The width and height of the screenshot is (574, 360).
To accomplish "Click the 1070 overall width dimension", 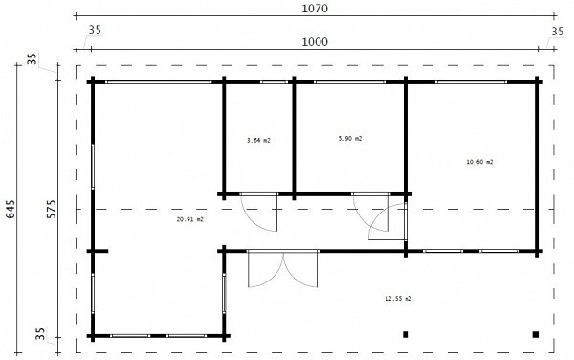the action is (x=315, y=8).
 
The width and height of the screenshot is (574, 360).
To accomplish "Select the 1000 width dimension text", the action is (x=315, y=42).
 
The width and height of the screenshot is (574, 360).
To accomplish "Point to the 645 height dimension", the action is (x=11, y=209).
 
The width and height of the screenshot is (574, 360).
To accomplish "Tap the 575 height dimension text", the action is (x=52, y=209).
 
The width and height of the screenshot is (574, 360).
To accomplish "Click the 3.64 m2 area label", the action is (x=259, y=140).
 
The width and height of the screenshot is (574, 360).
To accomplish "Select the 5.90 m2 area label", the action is (x=350, y=139).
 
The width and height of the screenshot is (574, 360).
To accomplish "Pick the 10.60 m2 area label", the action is (x=479, y=162).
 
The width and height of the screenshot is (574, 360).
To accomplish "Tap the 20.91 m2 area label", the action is (x=190, y=220).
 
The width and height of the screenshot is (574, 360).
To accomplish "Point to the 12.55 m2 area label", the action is (x=398, y=299).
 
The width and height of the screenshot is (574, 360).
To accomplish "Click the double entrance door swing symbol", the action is (x=282, y=269).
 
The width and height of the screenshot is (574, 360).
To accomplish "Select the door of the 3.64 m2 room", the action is (x=258, y=213).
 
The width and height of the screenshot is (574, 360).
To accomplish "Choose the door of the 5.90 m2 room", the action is (x=371, y=213).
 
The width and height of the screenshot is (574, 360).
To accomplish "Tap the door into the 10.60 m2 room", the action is (x=387, y=221).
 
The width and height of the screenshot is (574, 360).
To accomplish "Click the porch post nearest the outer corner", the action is (x=536, y=334).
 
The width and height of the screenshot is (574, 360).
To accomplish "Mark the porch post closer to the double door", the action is (x=406, y=334).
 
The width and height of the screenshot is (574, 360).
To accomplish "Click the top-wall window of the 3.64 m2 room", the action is (x=275, y=82).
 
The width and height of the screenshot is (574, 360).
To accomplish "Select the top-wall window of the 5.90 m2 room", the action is (x=350, y=82).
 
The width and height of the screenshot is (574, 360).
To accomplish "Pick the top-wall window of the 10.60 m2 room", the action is (x=472, y=82).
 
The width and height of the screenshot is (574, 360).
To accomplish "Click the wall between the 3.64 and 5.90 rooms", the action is (x=294, y=139).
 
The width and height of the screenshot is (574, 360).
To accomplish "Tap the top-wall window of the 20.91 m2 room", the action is (x=159, y=82).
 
